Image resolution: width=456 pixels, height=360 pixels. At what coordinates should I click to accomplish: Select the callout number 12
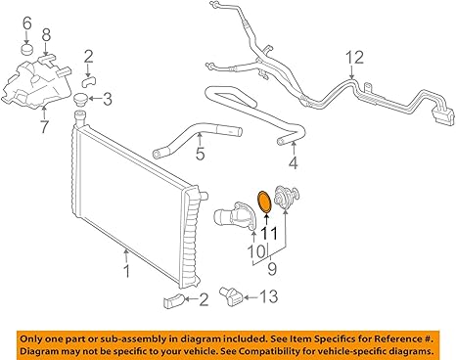(354, 58)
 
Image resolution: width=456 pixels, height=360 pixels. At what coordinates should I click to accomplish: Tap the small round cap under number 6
(27, 49)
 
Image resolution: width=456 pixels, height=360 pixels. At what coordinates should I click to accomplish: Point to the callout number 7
(45, 126)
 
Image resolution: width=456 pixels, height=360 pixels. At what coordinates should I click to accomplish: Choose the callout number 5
(200, 153)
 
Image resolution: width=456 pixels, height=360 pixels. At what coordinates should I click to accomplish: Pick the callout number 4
(294, 162)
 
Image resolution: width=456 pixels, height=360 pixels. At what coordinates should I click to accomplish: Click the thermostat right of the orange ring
(287, 197)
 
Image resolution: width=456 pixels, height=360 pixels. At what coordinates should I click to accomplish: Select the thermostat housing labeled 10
(234, 217)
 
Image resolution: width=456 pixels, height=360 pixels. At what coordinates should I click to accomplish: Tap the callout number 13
(269, 296)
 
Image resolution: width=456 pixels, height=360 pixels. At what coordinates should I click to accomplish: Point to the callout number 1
(127, 271)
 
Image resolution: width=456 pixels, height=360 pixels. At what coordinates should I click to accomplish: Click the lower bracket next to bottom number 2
(173, 300)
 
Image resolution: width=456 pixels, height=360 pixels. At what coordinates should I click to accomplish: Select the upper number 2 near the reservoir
(88, 57)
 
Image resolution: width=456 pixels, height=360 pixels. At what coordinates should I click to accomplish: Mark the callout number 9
(272, 268)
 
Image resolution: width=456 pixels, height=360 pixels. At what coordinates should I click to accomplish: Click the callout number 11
(269, 234)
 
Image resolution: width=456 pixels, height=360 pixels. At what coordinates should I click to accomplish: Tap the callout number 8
(46, 35)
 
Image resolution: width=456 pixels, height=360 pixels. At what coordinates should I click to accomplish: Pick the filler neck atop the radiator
(80, 117)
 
